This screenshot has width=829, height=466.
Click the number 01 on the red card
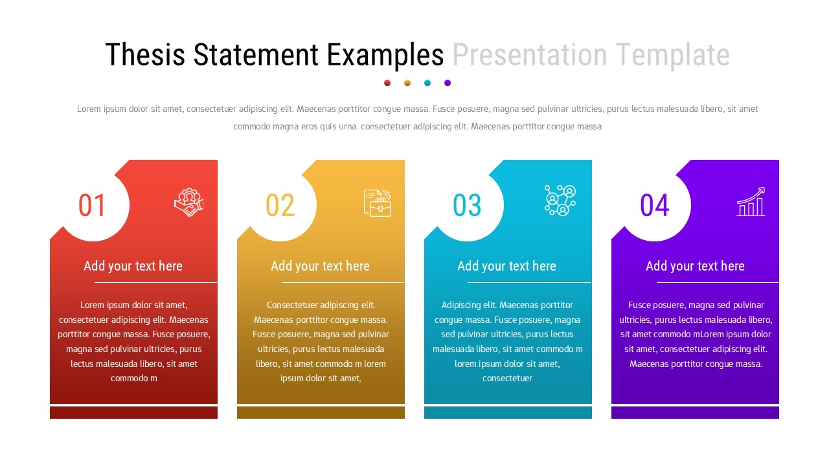point(92,205)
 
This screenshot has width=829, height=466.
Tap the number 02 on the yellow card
point(280,205)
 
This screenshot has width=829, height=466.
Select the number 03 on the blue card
point(467,205)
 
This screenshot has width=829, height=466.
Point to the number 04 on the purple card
point(654,205)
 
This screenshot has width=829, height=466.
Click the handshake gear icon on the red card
point(188,202)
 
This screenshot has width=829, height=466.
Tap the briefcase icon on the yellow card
point(378,203)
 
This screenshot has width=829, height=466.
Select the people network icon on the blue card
point(560,201)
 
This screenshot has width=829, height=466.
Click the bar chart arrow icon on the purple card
point(751,202)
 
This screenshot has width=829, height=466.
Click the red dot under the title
point(387,83)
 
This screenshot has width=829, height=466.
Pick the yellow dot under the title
point(407,83)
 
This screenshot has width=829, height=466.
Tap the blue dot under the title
point(427,83)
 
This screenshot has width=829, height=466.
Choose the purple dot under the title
point(448,83)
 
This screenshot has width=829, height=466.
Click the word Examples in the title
point(385,56)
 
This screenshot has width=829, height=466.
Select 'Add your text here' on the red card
point(133,266)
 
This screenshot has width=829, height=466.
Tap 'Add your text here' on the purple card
point(695,266)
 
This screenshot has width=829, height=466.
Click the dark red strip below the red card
point(133,412)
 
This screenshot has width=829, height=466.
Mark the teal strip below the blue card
point(508,412)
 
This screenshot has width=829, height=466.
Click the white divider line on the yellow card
point(343,283)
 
